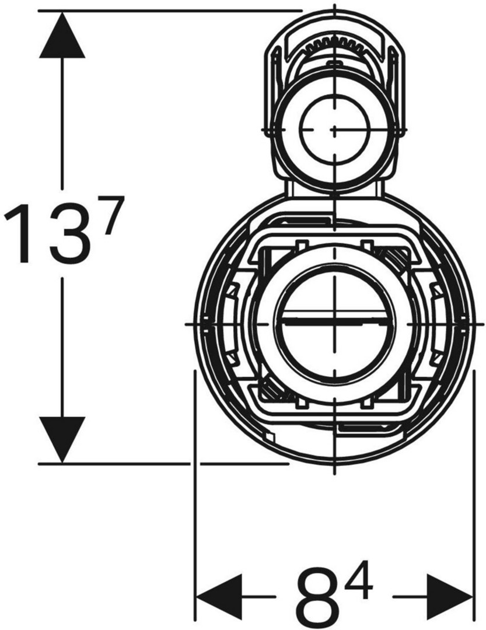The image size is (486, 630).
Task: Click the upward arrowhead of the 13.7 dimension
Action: tap(62, 36)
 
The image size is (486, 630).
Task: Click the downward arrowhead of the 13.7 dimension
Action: tap(62, 439)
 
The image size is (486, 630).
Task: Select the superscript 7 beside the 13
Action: tap(109, 213)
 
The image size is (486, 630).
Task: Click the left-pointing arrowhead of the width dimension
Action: tap(219, 597)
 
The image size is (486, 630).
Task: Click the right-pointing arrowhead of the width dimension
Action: tap(449, 597)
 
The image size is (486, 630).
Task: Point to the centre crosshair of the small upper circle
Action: tap(335, 129)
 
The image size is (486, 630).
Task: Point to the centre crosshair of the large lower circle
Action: tap(335, 323)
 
